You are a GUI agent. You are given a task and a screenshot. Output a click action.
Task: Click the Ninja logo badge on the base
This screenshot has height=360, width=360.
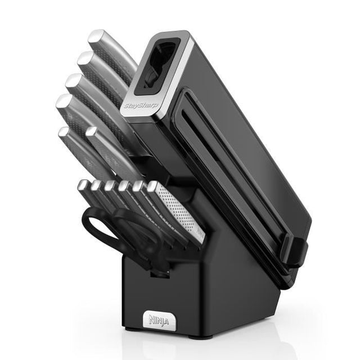pos(159,321)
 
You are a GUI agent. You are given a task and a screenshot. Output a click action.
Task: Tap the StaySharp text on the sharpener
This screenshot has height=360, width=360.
pos(141,106)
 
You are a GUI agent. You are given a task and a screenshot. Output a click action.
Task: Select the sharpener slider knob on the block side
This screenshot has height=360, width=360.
pos(295,251)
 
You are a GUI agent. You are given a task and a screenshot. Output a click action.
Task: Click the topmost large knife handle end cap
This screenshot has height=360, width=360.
pos(96,36)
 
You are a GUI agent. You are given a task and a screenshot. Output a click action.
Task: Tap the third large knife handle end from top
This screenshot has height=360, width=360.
pos(73,80)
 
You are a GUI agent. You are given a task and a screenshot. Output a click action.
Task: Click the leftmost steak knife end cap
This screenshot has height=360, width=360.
pos(83,184)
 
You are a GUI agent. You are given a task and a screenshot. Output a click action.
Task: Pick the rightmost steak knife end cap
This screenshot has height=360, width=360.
pos(152,186)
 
